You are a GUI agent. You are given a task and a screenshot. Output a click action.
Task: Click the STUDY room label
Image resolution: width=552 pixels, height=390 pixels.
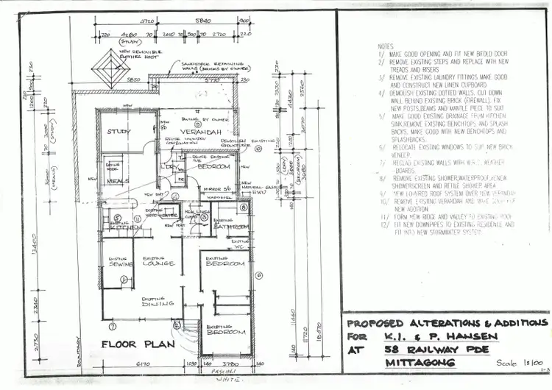pos(118,132)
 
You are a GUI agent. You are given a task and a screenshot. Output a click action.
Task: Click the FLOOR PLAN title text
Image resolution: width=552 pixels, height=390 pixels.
pos(137,344)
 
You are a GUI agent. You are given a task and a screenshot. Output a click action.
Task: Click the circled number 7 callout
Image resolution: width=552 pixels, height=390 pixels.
pos(112,326)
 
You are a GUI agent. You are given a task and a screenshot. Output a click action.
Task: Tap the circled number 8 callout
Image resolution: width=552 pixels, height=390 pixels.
pos(244,208)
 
